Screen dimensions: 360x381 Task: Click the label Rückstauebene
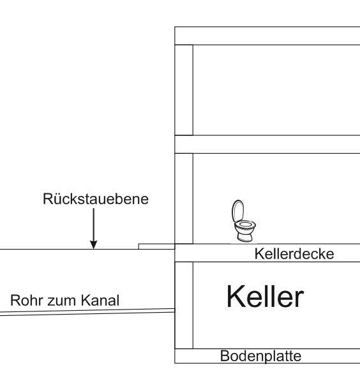(96, 199)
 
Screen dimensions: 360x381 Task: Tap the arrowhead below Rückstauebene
(94, 244)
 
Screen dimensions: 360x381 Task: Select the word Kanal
(100, 301)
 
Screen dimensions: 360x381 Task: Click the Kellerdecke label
(294, 254)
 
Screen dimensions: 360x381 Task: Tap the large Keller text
(265, 297)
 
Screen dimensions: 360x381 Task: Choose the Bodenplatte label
(260, 356)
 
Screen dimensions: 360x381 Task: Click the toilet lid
(237, 211)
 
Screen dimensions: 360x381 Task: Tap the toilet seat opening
(246, 224)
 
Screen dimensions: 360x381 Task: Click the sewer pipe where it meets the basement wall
(174, 311)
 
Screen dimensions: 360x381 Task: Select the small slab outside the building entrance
(156, 246)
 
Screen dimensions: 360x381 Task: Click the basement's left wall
(184, 305)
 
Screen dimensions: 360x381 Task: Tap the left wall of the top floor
(184, 90)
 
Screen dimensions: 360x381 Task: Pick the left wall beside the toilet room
(184, 198)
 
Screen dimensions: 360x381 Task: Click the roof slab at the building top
(267, 36)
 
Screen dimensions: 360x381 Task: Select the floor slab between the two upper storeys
(267, 144)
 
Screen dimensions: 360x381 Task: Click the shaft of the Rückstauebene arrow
(94, 225)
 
